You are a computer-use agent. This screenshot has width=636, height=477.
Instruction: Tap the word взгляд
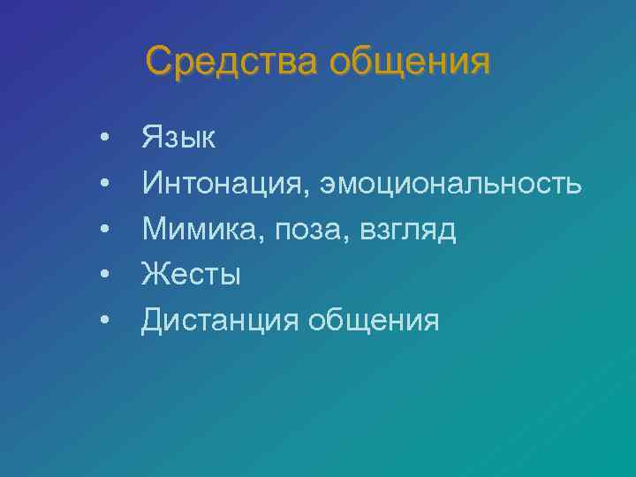click(x=407, y=230)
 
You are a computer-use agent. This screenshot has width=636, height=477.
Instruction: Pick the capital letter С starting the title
click(x=160, y=63)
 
